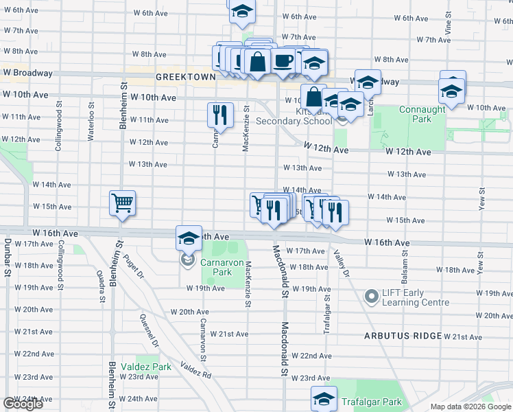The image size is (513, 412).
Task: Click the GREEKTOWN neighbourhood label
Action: coord(186,78)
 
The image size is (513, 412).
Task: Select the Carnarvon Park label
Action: coord(219,267)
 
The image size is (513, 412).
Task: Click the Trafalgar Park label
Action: coord(374,402)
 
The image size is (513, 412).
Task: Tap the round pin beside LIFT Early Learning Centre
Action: coord(372,297)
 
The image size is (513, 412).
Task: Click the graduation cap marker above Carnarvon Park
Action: coord(189,237)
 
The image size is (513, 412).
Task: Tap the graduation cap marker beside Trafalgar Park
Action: coord(324,398)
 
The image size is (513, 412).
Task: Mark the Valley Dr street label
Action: coord(341,265)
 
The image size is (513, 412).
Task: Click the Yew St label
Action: coord(483,198)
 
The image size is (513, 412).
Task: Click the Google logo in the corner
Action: coord(23,404)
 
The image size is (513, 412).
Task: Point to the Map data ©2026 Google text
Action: coord(470,407)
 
